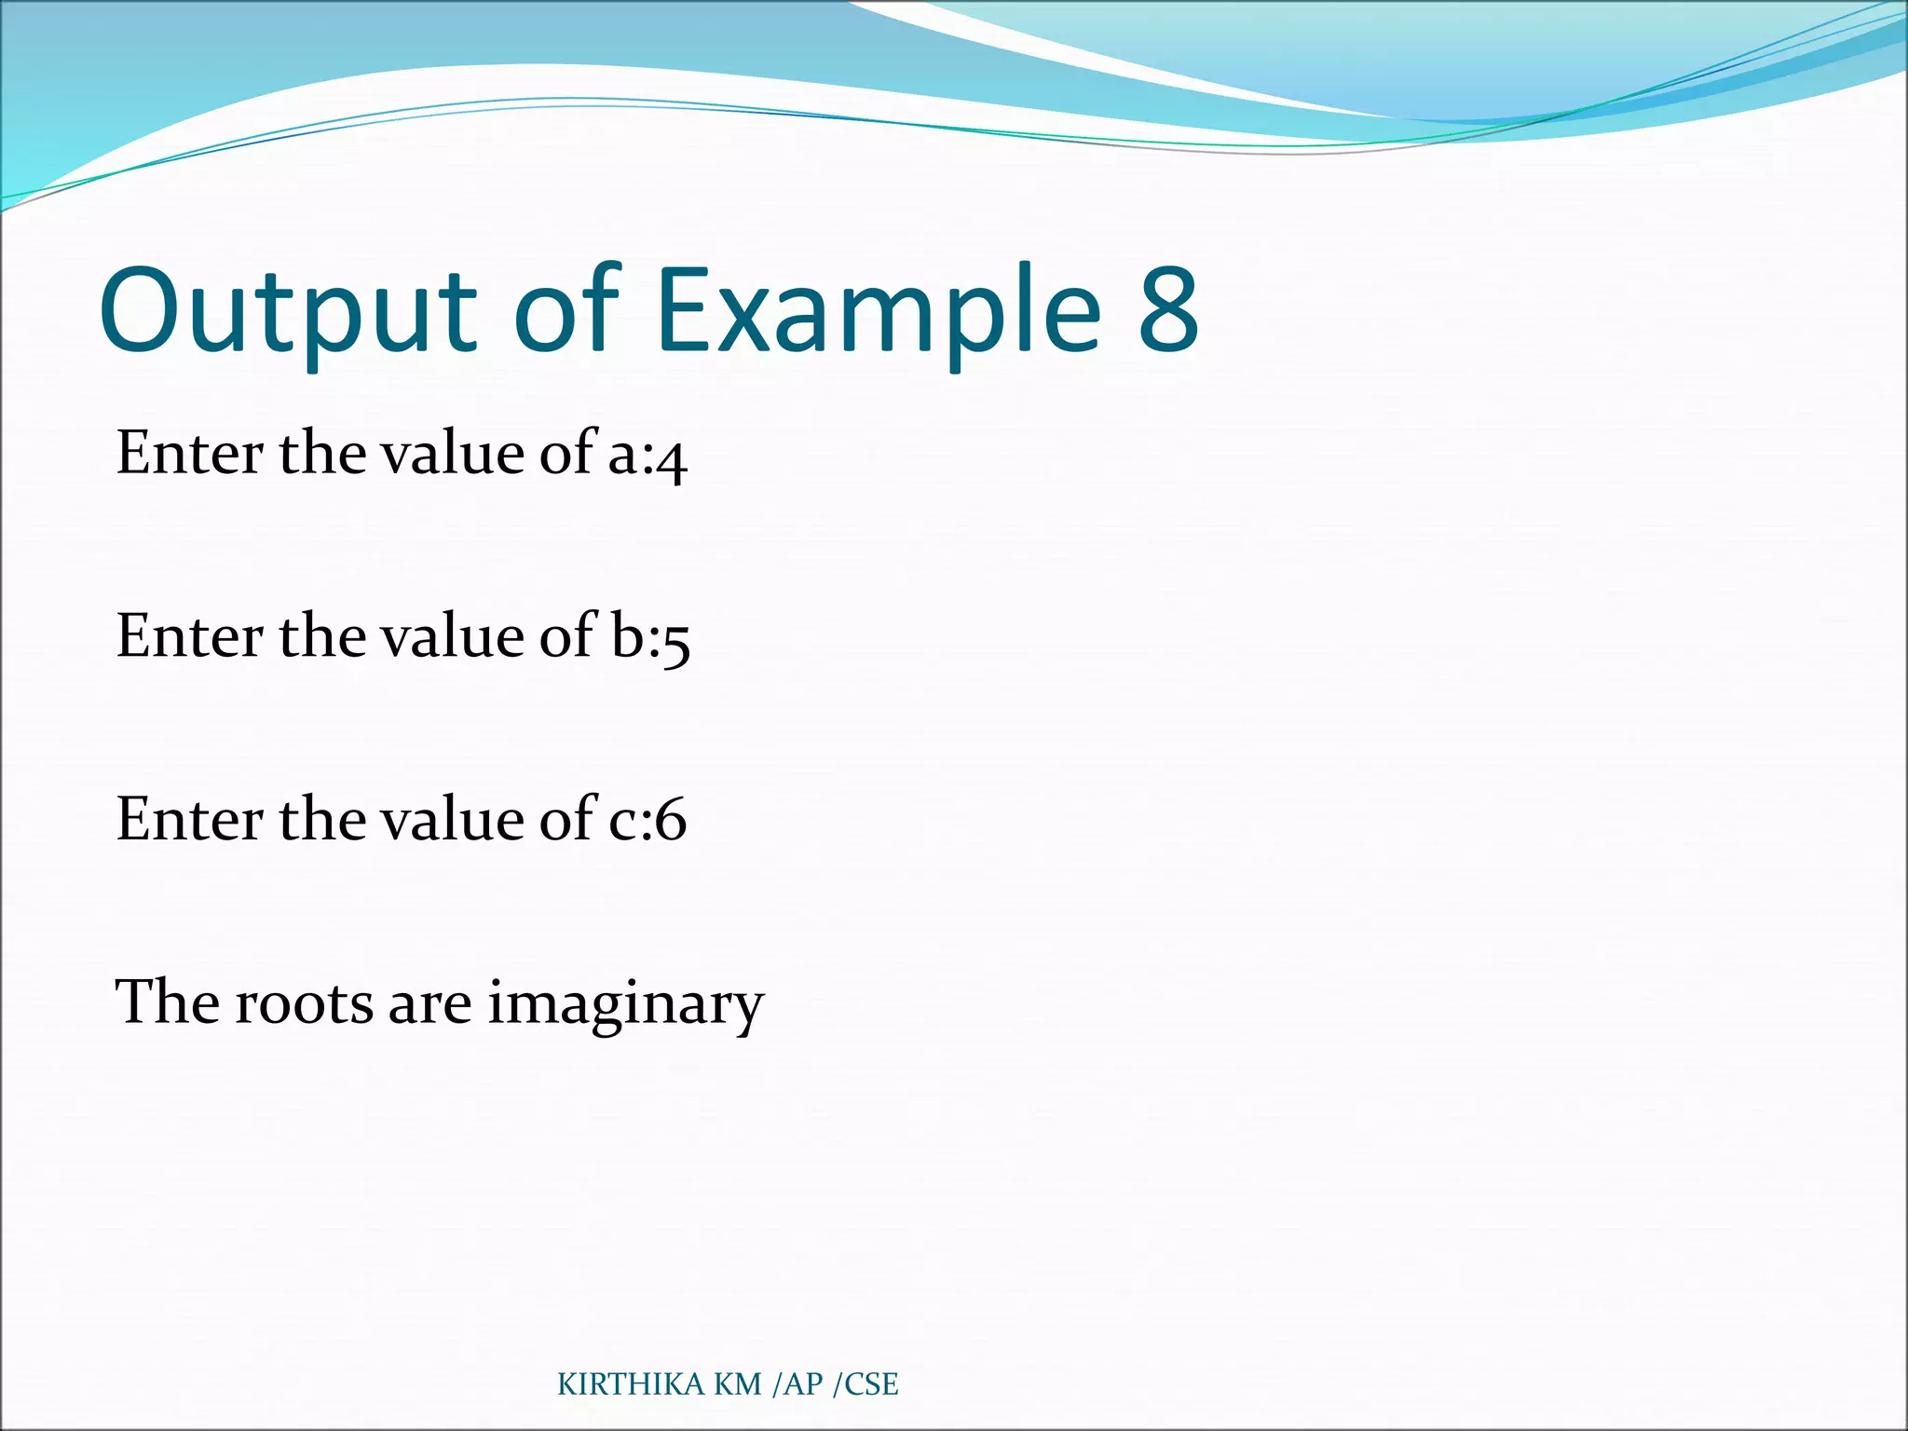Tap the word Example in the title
click(x=879, y=312)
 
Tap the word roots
click(x=304, y=1004)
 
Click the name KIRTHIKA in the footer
click(x=630, y=1385)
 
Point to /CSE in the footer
click(x=865, y=1385)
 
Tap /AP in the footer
click(x=797, y=1385)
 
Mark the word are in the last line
click(x=429, y=1004)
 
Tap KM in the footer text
click(x=738, y=1385)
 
